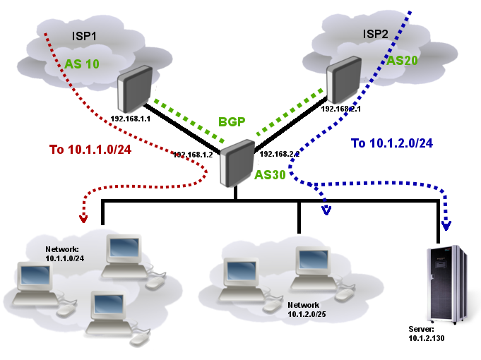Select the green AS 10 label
[83, 64]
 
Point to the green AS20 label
[403, 61]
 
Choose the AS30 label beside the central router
[270, 175]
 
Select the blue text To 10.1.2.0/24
[391, 143]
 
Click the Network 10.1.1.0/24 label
[65, 254]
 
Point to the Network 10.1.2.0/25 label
[308, 308]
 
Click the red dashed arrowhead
[83, 218]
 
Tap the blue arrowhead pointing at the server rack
[446, 226]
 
